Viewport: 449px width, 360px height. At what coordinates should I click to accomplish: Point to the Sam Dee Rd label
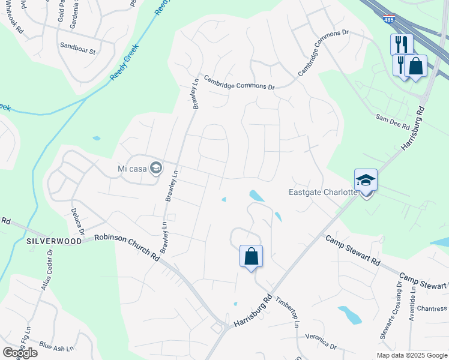pos(392,122)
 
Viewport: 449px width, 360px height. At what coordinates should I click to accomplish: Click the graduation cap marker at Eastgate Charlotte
pos(366,181)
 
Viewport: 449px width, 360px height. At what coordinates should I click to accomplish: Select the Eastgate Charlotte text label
pos(323,193)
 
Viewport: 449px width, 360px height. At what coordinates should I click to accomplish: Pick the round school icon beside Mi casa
pos(156,168)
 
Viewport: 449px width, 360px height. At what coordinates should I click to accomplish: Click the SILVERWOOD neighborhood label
pos(54,241)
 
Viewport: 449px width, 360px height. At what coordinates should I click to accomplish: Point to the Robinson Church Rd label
pos(127,246)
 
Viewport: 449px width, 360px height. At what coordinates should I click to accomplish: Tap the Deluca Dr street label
pos(78,221)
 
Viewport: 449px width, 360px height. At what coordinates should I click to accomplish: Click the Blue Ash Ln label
pos(56,347)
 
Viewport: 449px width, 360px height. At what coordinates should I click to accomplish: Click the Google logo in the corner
pos(20,353)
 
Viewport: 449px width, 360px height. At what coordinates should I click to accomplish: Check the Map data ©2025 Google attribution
pos(411,355)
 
